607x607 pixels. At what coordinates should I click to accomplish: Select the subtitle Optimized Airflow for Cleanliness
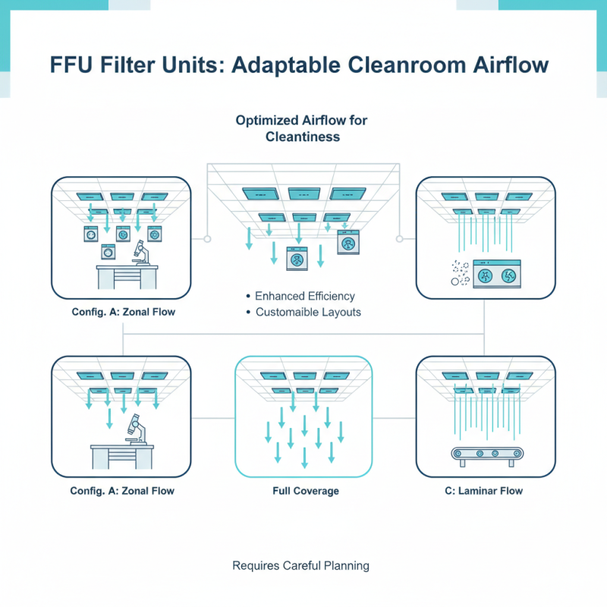pyautogui.click(x=302, y=128)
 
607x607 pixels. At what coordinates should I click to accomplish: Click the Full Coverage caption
pyautogui.click(x=305, y=491)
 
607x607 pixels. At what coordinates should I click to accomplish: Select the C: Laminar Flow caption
pyautogui.click(x=484, y=491)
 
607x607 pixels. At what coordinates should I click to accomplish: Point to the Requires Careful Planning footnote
pyautogui.click(x=300, y=565)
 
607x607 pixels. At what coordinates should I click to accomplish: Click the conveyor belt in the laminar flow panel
pyautogui.click(x=486, y=453)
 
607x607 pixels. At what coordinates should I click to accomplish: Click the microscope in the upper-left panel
pyautogui.click(x=143, y=250)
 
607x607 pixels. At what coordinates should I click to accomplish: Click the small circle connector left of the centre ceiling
pyautogui.click(x=206, y=238)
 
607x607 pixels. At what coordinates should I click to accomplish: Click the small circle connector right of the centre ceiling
pyautogui.click(x=399, y=238)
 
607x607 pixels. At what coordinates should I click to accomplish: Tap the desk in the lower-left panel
pyautogui.click(x=121, y=456)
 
